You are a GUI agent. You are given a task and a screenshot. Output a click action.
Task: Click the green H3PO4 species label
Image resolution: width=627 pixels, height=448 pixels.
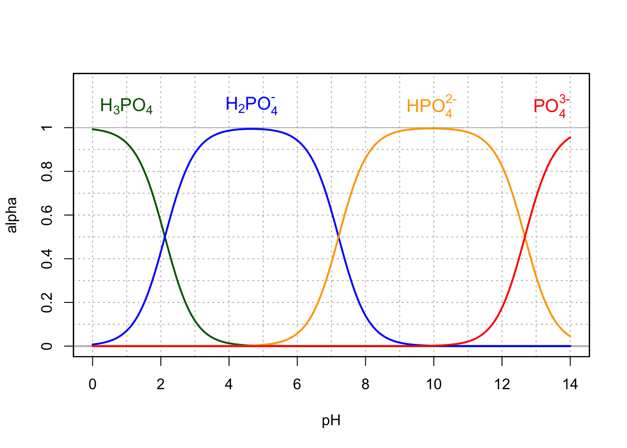[126, 106]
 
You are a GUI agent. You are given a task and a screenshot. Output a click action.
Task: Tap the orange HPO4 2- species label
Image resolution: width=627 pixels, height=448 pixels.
[431, 106]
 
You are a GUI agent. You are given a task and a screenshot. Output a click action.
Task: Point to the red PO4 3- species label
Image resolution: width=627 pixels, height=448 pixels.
[551, 106]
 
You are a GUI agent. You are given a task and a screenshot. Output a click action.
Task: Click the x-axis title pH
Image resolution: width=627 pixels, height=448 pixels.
[331, 421]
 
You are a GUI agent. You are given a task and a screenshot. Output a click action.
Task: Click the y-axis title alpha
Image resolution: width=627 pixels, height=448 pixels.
[12, 215]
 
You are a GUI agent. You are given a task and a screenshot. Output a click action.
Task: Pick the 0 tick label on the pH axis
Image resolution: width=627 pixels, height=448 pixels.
[92, 385]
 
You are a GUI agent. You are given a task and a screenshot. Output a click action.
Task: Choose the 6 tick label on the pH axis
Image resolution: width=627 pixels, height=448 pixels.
[297, 385]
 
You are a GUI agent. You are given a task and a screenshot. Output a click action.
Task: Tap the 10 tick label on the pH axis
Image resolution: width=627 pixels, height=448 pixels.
[433, 385]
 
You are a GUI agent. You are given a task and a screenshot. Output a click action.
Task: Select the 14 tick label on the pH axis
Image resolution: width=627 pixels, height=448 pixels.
[570, 385]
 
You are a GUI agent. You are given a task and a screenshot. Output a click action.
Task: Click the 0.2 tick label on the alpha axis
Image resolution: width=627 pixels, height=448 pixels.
[47, 302]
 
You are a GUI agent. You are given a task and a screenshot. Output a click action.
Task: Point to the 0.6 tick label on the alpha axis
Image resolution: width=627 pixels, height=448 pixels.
[47, 215]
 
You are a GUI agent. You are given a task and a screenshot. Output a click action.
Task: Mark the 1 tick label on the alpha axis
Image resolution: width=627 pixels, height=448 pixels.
[47, 128]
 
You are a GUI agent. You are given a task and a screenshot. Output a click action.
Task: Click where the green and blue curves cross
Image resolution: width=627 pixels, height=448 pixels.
[165, 237]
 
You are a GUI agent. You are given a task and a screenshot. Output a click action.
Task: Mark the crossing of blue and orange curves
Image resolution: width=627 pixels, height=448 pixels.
[339, 237]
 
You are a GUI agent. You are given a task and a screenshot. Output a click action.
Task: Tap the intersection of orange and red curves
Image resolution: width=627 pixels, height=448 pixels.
[525, 237]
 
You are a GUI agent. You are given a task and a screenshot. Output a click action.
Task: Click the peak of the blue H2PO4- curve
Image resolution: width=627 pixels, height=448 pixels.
[252, 129]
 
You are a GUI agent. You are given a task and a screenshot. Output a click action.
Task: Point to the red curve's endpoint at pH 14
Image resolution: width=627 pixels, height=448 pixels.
[570, 137]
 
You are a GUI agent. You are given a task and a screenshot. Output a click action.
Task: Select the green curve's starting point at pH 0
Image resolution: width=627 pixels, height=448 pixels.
[92, 129]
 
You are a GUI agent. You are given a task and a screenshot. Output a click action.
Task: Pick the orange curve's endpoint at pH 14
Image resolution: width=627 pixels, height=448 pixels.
[570, 336]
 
